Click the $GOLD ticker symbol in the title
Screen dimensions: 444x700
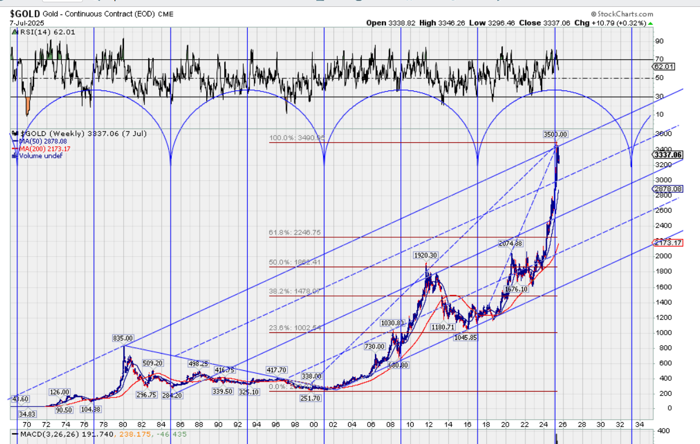[x=24, y=13]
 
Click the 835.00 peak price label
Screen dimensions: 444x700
[x=123, y=339]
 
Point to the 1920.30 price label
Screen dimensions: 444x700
[x=426, y=255]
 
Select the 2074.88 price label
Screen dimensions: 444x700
[x=510, y=244]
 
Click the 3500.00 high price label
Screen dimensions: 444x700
[x=555, y=134]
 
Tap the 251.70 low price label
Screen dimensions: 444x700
[x=310, y=398]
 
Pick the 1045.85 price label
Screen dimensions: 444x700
[x=465, y=337]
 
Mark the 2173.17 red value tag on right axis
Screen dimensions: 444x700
[x=668, y=243]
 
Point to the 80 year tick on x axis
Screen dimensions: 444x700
[x=123, y=424]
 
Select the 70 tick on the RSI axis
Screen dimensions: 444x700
[x=659, y=59]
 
